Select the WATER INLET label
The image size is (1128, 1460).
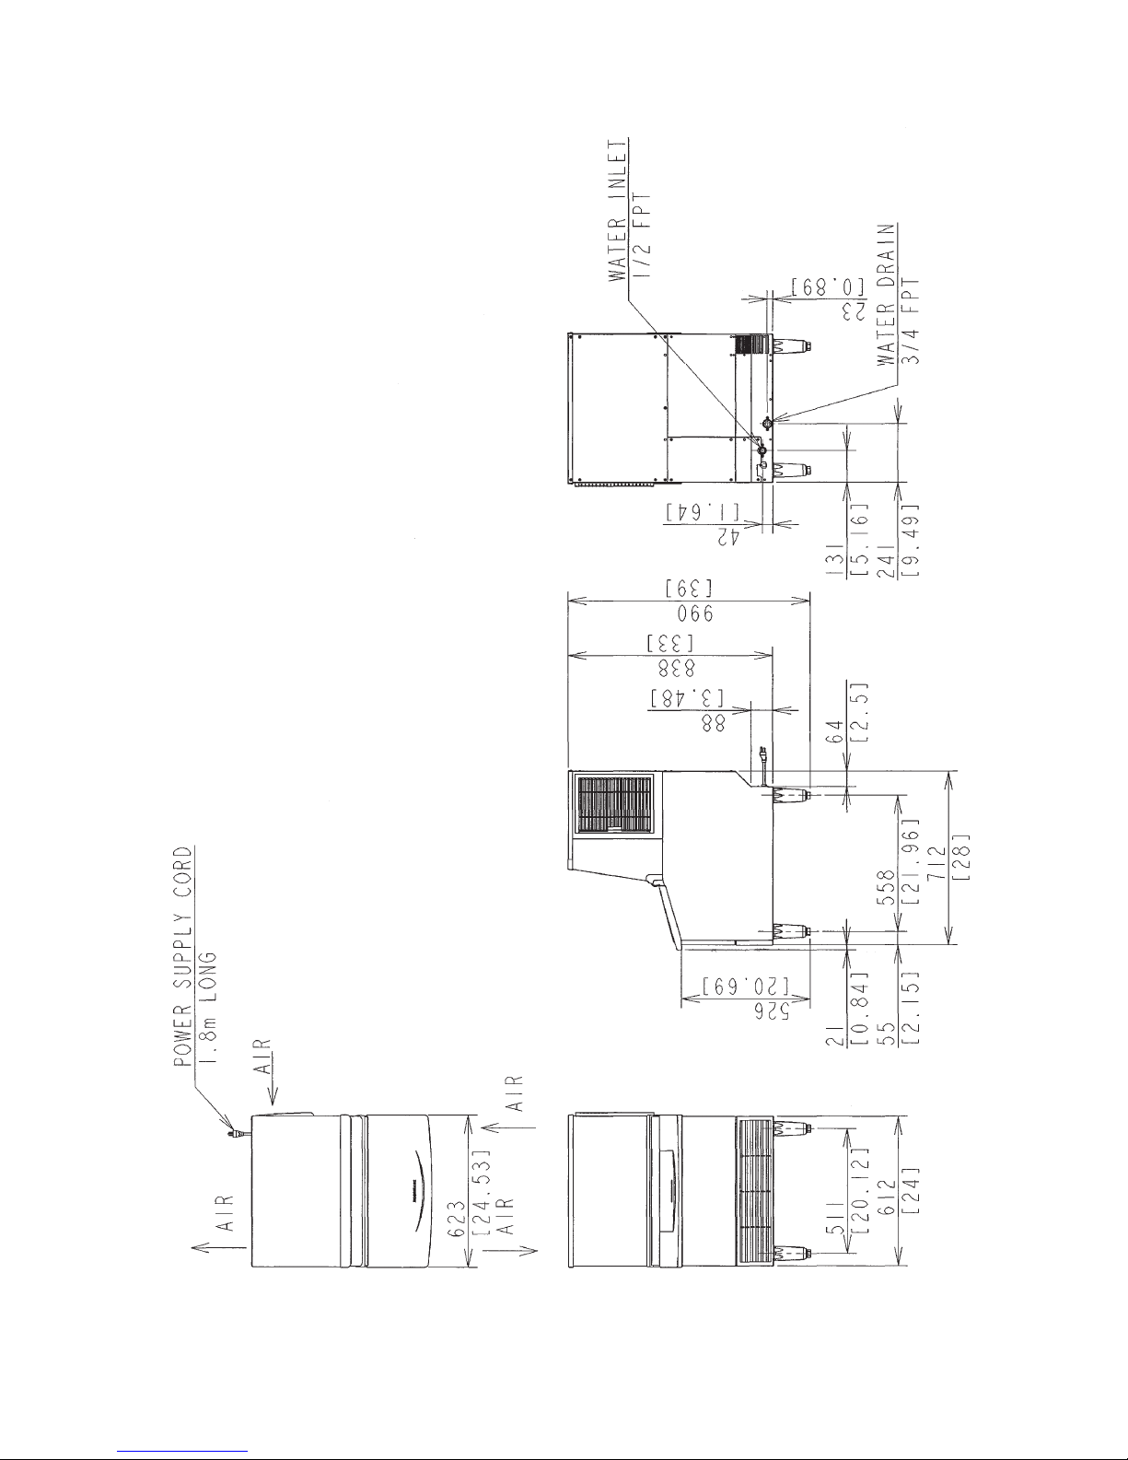[618, 210]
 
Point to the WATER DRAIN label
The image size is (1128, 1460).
[886, 294]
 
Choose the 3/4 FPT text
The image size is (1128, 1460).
[911, 321]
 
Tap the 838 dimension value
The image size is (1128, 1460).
[676, 668]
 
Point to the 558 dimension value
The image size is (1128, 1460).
[886, 887]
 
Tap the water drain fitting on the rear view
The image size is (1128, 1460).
[767, 423]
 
